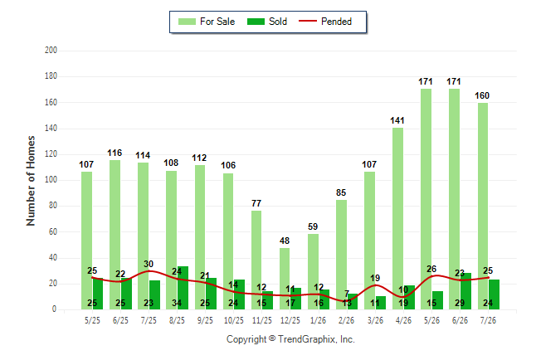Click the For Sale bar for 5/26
click(x=426, y=199)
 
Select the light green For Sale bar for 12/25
click(x=285, y=279)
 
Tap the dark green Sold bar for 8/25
click(x=183, y=288)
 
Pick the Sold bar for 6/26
click(x=465, y=291)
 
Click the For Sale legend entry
click(x=207, y=22)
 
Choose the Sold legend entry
click(x=267, y=22)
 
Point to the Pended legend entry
click(x=325, y=22)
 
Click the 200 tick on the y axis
click(x=51, y=51)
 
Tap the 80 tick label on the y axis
click(x=52, y=206)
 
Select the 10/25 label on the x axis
click(x=234, y=320)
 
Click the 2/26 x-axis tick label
click(x=347, y=320)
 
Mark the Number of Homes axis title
click(x=31, y=181)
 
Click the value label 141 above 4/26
click(x=397, y=120)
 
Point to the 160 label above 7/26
click(x=482, y=95)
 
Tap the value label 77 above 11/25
click(x=256, y=203)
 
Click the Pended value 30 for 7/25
click(x=149, y=264)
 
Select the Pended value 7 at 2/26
click(x=347, y=294)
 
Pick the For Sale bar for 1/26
click(x=313, y=272)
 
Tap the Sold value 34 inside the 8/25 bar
click(x=177, y=303)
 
